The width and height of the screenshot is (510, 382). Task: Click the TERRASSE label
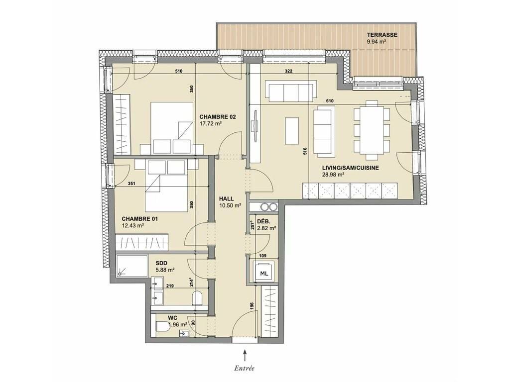coord(382,35)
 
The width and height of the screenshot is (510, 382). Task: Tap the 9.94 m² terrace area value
coord(377,41)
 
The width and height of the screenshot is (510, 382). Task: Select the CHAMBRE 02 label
coord(218,117)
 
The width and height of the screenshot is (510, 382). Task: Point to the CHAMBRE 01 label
coord(139,219)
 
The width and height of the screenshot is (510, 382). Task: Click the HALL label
coord(226,199)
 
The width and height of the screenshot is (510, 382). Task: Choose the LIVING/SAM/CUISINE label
coord(350,168)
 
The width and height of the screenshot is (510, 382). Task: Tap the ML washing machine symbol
coord(264,274)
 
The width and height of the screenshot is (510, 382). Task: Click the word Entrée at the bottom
coord(244,368)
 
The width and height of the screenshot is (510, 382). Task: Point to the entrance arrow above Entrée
coord(245,354)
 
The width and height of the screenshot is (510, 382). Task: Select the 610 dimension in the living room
coord(330,101)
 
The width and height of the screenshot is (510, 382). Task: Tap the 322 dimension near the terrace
coord(288,71)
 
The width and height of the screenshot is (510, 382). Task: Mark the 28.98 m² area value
coord(333,175)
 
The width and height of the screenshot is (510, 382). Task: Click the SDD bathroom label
coord(162,263)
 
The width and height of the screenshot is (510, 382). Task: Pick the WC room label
coord(172,318)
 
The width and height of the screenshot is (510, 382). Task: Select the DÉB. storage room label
coord(262,221)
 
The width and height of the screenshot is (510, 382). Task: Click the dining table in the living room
coord(371,130)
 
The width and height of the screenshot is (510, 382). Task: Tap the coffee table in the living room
coord(292,131)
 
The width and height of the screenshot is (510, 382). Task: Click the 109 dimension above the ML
coord(262,256)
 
